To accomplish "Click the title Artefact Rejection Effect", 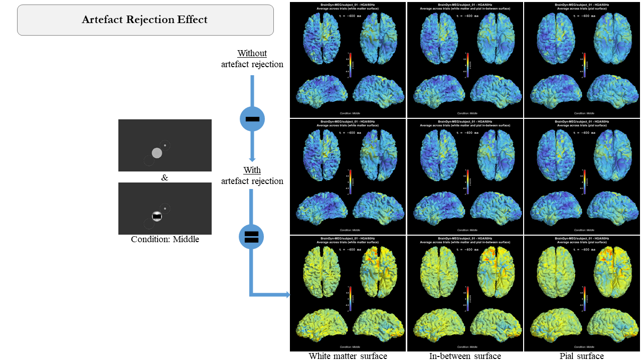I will (145, 20).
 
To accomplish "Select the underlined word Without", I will (252, 53).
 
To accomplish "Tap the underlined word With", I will (252, 170).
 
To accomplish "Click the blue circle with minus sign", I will (252, 119).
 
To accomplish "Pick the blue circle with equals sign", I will (251, 237).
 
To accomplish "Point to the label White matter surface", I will (348, 356).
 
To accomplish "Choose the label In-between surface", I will (465, 356).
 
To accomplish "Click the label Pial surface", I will (582, 356).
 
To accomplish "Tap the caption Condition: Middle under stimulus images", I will (165, 239).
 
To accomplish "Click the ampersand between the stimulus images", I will (165, 177).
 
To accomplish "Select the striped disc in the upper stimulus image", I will (157, 153).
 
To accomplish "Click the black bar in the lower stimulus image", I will (157, 217).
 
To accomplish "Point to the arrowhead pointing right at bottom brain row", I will (287, 295).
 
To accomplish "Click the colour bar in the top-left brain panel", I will (350, 65).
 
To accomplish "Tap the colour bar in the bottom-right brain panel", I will (584, 298).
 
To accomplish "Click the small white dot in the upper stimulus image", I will (165, 145).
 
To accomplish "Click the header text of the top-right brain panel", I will (582, 7).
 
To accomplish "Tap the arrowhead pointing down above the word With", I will (252, 159).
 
